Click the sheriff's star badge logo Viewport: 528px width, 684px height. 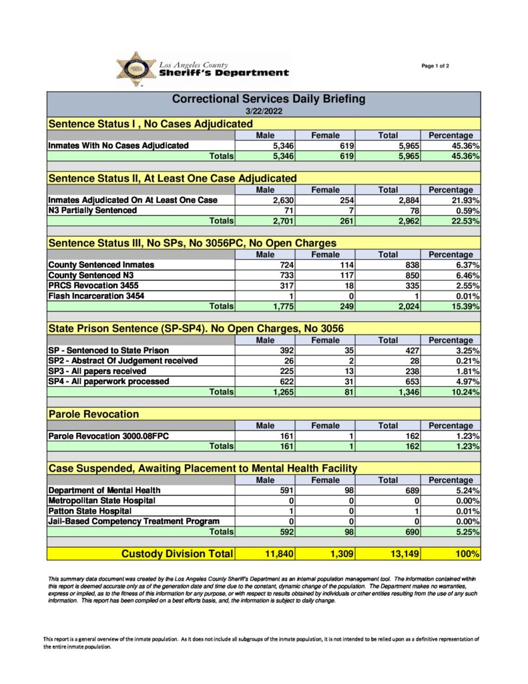136,69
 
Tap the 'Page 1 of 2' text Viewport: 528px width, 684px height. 435,65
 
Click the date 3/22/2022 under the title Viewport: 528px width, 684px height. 264,111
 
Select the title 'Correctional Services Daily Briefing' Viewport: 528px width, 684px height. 268,99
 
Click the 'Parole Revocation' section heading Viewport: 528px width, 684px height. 93,414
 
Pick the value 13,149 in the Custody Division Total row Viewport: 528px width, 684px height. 404,554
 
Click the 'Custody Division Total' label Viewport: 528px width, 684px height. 177,554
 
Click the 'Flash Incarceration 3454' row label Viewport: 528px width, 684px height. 96,296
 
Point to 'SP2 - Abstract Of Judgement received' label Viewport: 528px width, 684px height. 123,361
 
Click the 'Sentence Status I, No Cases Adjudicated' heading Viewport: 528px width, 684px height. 150,124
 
